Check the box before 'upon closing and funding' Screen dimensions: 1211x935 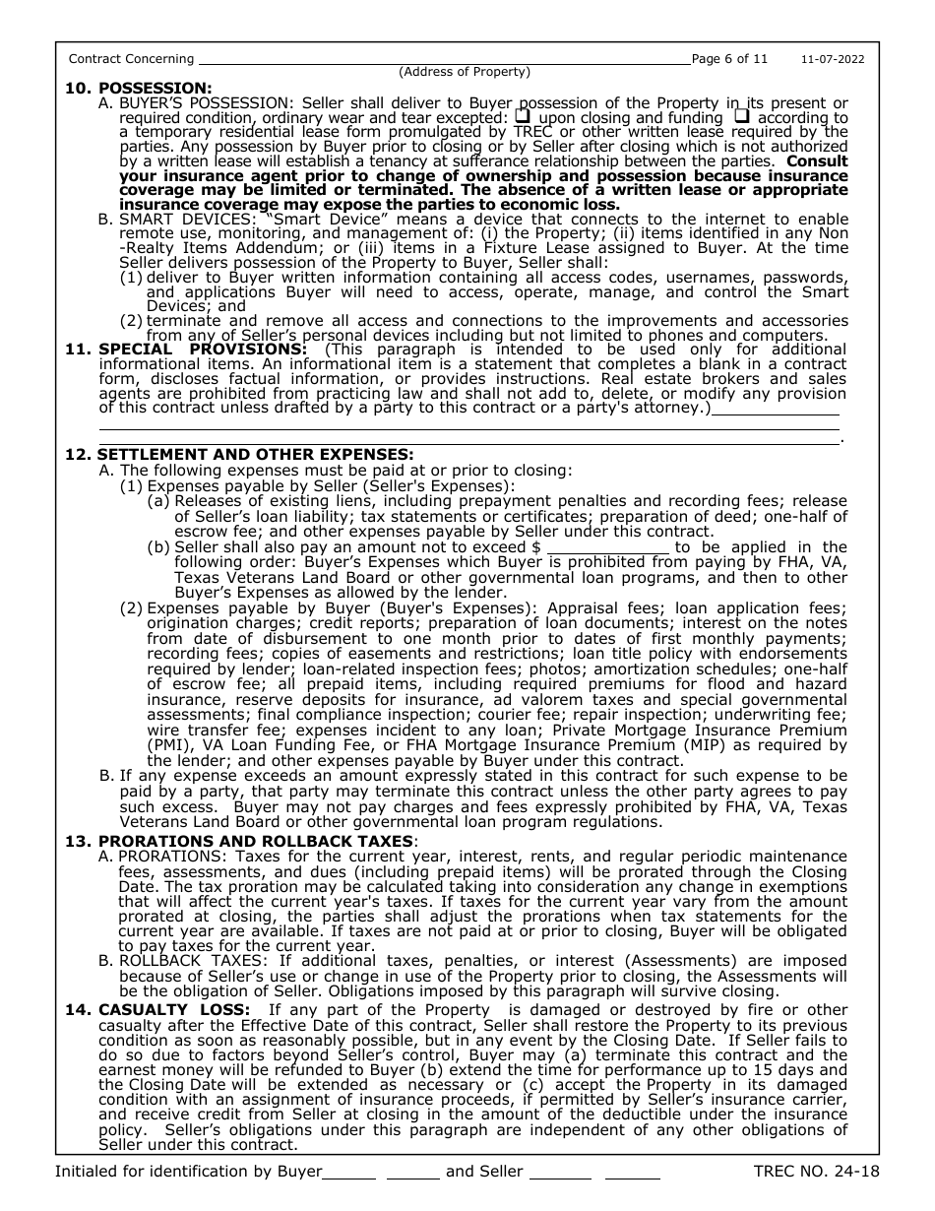[523, 117]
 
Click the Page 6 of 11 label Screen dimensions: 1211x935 [729, 59]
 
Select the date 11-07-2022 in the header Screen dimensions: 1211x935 [832, 59]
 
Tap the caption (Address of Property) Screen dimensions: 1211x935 [464, 72]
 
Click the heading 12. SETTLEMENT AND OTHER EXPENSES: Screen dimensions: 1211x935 [239, 454]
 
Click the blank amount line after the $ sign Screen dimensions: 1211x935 [608, 547]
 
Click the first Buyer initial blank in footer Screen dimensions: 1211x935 [349, 1173]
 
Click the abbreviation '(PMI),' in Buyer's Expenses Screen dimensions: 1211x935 [171, 746]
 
